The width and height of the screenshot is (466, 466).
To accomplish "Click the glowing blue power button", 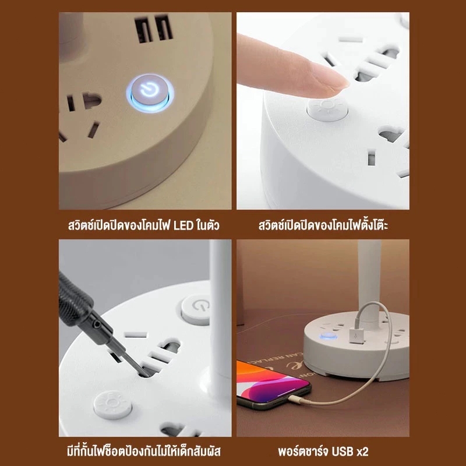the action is tap(150, 93).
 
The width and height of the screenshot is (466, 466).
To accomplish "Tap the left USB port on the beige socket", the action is tap(144, 30).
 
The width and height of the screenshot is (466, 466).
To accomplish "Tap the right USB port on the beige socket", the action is tap(164, 27).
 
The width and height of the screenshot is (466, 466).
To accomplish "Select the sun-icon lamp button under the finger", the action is tap(327, 108).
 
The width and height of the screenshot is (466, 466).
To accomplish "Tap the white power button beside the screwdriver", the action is tap(196, 310).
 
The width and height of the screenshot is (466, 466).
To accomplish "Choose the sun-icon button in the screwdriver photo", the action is tap(112, 404).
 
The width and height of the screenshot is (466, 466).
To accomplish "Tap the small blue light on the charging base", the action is tap(329, 337).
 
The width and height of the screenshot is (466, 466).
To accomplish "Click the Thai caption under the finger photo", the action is tap(323, 225).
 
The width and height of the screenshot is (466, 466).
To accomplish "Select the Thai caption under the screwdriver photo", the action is tap(144, 451).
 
